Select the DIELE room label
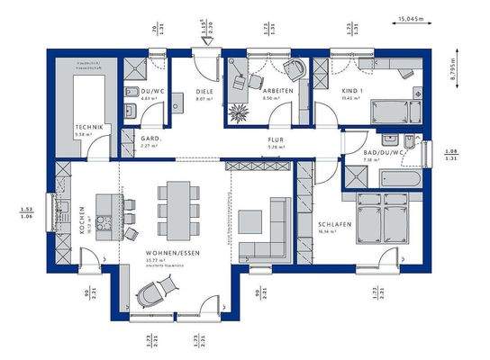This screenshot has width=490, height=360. [x=204, y=91]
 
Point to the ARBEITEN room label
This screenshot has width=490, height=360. [x=276, y=91]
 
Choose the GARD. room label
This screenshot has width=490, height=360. [x=150, y=139]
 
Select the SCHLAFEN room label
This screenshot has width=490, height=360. [x=334, y=225]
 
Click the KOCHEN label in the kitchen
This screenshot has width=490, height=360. [x=82, y=217]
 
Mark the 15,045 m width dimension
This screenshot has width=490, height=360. [x=411, y=17]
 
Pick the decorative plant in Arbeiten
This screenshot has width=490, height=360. [x=240, y=114]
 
